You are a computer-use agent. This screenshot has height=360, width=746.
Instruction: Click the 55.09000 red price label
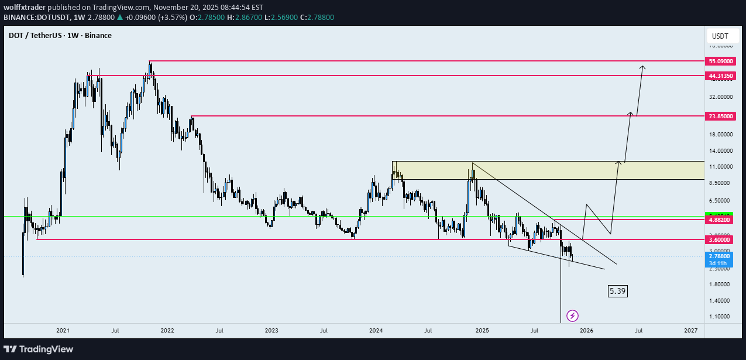(x=721, y=61)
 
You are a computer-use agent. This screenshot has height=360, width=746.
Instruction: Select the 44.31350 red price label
(x=721, y=76)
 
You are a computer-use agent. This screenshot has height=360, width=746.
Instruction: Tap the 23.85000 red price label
(x=721, y=116)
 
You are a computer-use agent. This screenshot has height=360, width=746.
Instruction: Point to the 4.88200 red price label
(x=721, y=220)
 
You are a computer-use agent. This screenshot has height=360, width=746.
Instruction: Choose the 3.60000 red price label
(x=721, y=239)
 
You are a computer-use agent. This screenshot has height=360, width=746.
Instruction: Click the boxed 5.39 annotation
(x=617, y=291)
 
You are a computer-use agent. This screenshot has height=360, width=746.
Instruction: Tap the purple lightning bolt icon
(x=573, y=316)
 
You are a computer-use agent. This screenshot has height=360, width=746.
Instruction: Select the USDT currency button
(x=719, y=36)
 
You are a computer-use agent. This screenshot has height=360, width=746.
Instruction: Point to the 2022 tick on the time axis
(x=167, y=331)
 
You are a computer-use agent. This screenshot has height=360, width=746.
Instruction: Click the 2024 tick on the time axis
(x=376, y=331)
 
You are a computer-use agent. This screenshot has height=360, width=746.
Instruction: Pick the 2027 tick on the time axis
(x=690, y=331)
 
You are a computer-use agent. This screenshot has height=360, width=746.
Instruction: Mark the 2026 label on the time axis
(x=586, y=331)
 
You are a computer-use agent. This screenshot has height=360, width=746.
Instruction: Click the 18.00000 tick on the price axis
(x=721, y=135)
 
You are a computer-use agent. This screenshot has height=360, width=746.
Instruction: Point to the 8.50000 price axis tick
(x=721, y=183)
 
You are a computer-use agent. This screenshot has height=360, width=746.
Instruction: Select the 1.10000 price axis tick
(x=721, y=317)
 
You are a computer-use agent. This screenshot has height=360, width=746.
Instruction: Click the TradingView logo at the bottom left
(x=40, y=349)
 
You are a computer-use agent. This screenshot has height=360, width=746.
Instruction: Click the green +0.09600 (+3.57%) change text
(x=155, y=18)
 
